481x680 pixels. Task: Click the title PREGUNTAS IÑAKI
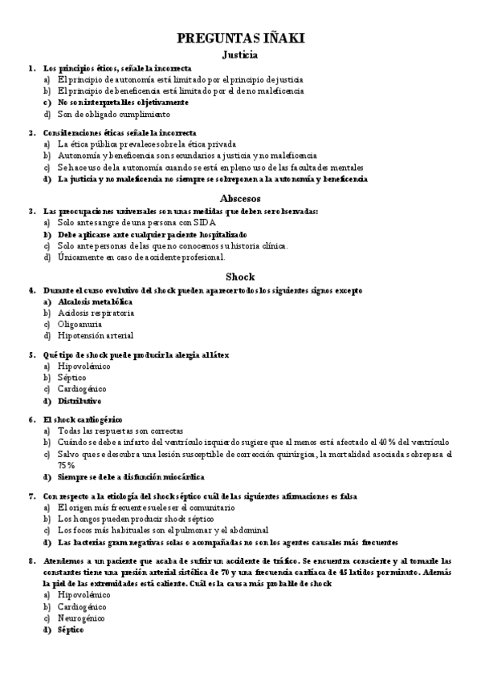click(x=240, y=38)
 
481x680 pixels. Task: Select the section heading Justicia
click(x=239, y=55)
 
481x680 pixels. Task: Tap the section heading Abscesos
click(x=239, y=197)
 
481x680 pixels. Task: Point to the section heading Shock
click(x=239, y=276)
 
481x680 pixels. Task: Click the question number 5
click(x=31, y=353)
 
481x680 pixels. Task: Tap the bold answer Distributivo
click(x=79, y=400)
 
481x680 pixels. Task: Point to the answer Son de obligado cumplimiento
click(x=114, y=114)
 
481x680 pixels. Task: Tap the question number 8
click(x=31, y=561)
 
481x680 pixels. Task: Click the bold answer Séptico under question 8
click(x=70, y=630)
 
